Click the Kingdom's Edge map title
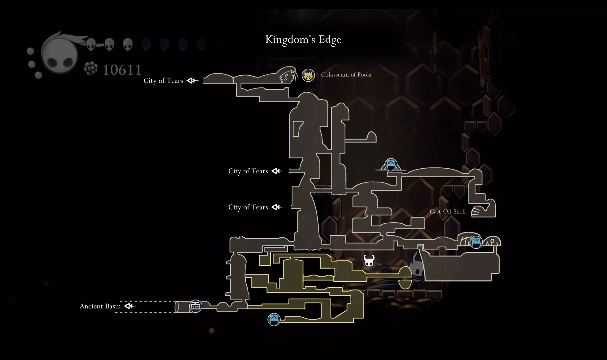pos(303,40)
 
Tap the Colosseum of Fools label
pos(346,75)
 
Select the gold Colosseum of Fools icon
pos(308,76)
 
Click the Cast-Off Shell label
pos(448,212)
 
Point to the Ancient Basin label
pos(100,306)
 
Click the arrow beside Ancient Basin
pos(130,306)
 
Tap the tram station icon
pos(196,306)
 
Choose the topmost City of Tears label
pos(163,81)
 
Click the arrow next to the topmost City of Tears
pos(193,81)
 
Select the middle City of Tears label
pos(248,171)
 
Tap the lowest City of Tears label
pos(248,207)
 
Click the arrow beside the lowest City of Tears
pos(278,207)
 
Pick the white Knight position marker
pos(369,261)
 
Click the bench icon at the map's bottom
pos(274,320)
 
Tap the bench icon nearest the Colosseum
pos(391,165)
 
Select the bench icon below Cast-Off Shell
pos(476,242)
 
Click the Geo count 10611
pos(122,70)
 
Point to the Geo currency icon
pos(91,69)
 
